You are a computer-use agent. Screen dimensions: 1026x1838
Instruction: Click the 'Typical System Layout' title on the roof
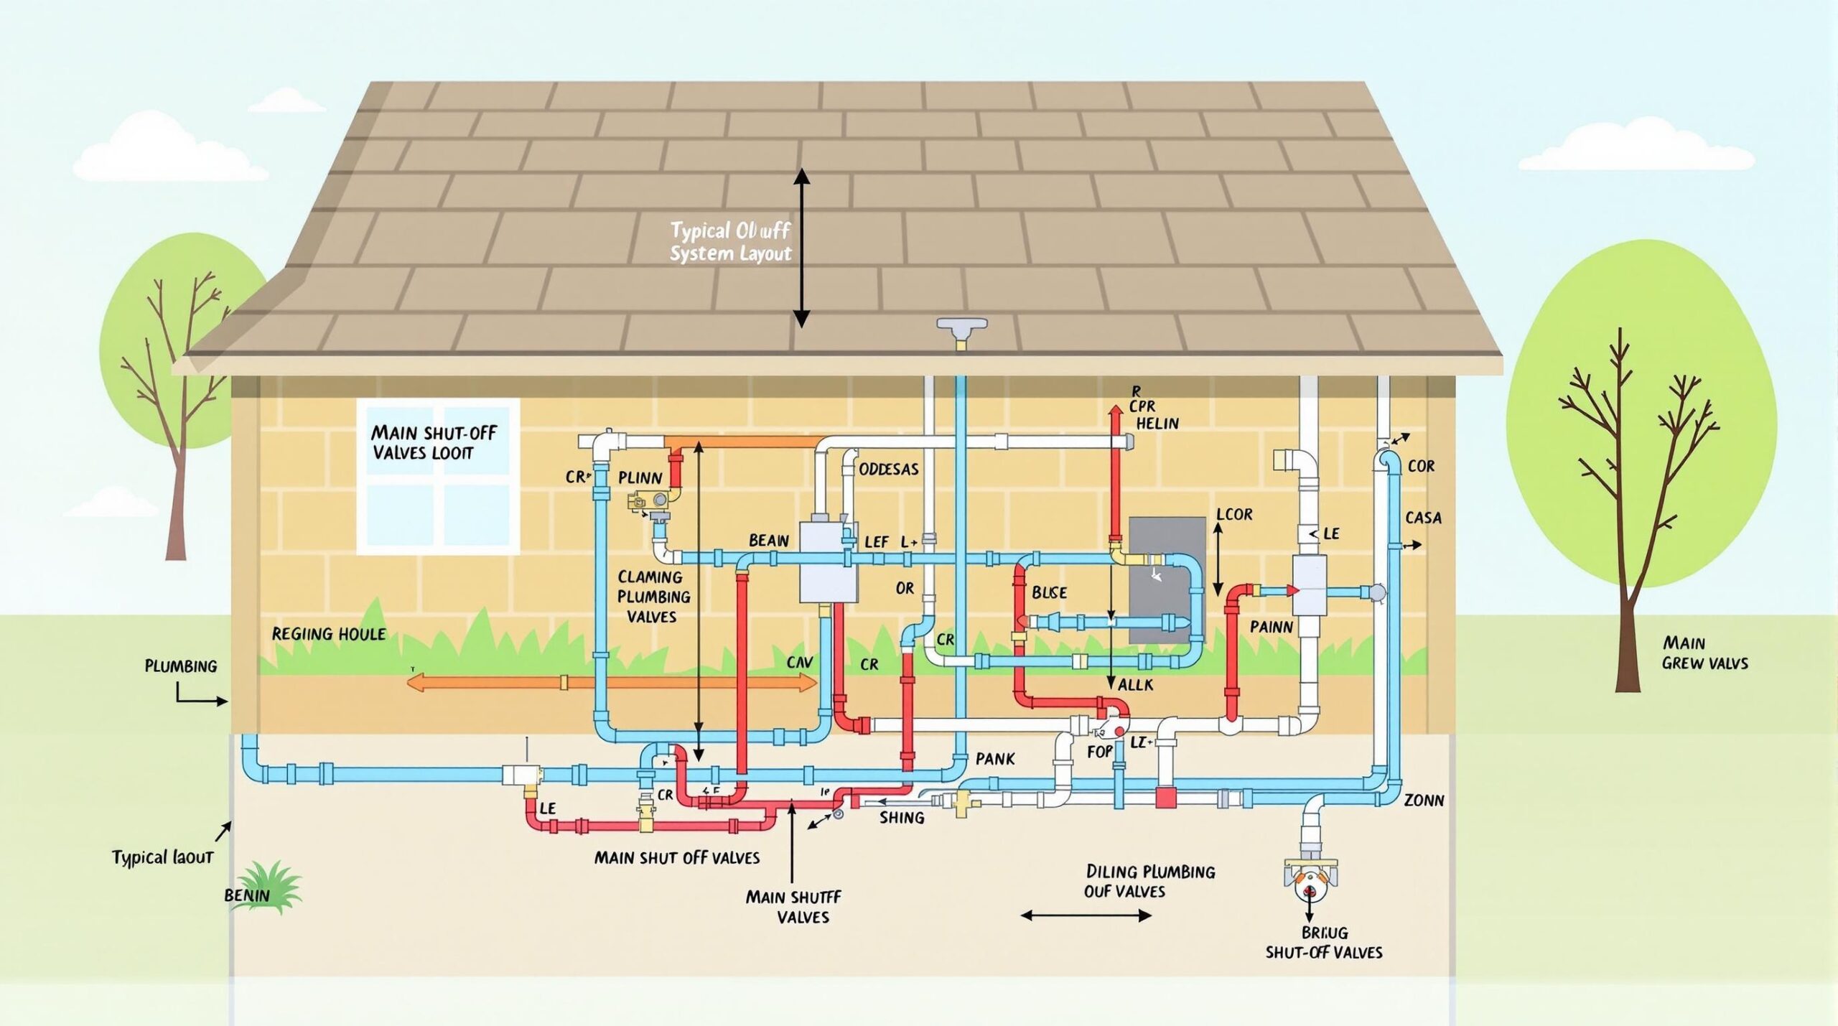pyautogui.click(x=730, y=242)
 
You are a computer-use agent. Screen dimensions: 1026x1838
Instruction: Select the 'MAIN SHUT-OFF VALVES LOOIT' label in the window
pyautogui.click(x=433, y=443)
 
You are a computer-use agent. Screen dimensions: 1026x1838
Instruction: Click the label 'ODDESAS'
pyautogui.click(x=888, y=470)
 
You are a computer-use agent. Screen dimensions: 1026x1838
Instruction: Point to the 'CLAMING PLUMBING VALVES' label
pyautogui.click(x=653, y=597)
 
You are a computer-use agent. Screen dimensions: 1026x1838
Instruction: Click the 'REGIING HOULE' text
pyautogui.click(x=328, y=634)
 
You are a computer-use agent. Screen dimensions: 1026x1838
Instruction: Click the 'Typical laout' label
pyautogui.click(x=162, y=857)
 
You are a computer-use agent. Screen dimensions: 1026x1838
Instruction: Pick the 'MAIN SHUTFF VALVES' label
pyautogui.click(x=793, y=907)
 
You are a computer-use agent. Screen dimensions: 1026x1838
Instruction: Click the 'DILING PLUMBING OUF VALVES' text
pyautogui.click(x=1149, y=881)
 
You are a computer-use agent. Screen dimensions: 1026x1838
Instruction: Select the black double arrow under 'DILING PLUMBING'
pyautogui.click(x=1086, y=915)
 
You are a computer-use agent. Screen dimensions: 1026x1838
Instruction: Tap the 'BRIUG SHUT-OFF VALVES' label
pyautogui.click(x=1323, y=943)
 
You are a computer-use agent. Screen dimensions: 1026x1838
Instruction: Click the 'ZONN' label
pyautogui.click(x=1423, y=800)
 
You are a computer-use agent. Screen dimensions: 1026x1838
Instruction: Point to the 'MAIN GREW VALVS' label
pyautogui.click(x=1704, y=653)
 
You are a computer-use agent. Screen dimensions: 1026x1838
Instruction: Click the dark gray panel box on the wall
pyautogui.click(x=1167, y=580)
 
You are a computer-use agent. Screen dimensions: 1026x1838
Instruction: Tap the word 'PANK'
pyautogui.click(x=995, y=759)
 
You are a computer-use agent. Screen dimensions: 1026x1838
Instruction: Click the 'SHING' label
pyautogui.click(x=902, y=818)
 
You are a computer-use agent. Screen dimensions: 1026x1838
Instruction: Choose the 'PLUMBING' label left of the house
pyautogui.click(x=180, y=666)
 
